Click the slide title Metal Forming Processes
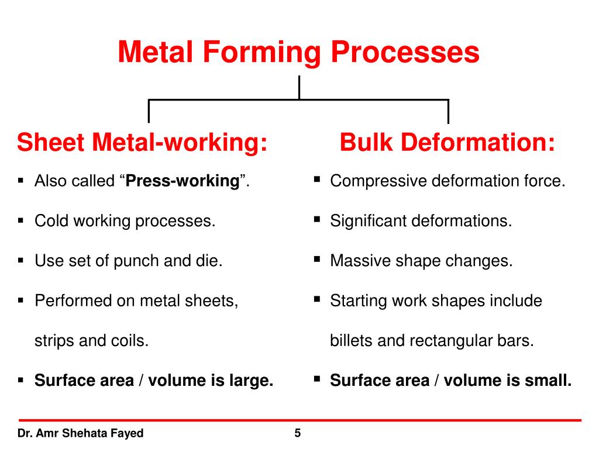point(298,52)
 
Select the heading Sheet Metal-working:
point(143,143)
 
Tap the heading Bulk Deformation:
point(447,143)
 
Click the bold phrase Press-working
point(183,181)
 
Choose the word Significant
point(368,221)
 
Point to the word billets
point(352,340)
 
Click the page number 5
point(298,433)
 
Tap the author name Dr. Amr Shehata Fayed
point(80,434)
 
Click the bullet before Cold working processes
point(20,221)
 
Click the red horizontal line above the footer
point(299,420)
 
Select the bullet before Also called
point(20,181)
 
